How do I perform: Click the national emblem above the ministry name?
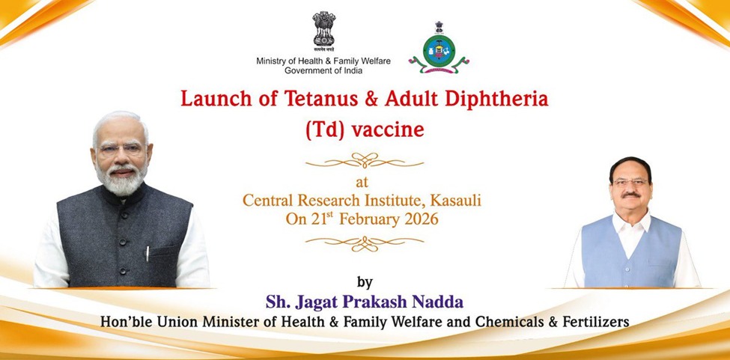tap(324, 31)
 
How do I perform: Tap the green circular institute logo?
tap(438, 50)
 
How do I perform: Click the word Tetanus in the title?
tap(293, 98)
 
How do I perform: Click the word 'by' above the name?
tap(365, 282)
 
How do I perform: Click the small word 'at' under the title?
tap(365, 182)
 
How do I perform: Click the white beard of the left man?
tap(121, 180)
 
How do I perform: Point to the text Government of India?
tap(323, 70)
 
